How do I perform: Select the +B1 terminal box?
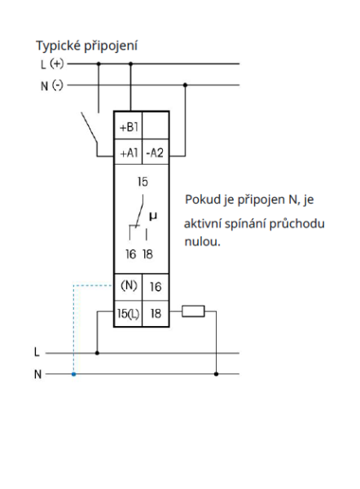128,128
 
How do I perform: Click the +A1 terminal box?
128,152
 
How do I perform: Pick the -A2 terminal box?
156,152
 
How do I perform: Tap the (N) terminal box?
128,287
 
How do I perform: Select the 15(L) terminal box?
128,312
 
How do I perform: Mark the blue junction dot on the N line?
74,374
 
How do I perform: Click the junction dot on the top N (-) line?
187,84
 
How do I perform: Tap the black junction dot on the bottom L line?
98,353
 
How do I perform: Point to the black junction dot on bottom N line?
216,374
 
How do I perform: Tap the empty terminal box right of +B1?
156,128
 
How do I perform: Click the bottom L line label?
37,353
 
